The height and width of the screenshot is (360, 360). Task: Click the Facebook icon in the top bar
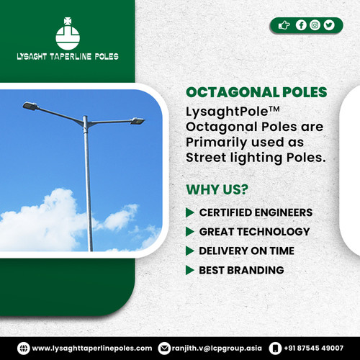(x=302, y=25)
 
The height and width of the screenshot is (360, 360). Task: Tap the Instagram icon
(x=315, y=25)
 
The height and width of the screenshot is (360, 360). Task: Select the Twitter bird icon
(x=329, y=25)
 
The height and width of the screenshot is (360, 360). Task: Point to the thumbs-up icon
(x=284, y=25)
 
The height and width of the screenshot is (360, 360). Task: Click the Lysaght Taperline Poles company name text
(x=68, y=57)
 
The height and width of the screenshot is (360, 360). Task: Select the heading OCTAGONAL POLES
(x=256, y=93)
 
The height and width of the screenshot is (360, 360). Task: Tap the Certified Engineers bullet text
(x=256, y=212)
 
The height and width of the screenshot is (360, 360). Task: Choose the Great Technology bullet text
(x=254, y=232)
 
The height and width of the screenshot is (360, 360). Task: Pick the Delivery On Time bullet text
(x=247, y=251)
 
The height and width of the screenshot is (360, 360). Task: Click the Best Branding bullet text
(x=241, y=270)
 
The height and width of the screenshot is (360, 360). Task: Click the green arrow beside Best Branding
(x=190, y=271)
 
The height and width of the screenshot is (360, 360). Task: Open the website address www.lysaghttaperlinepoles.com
(x=92, y=348)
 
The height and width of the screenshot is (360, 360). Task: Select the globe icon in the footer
(x=24, y=348)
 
